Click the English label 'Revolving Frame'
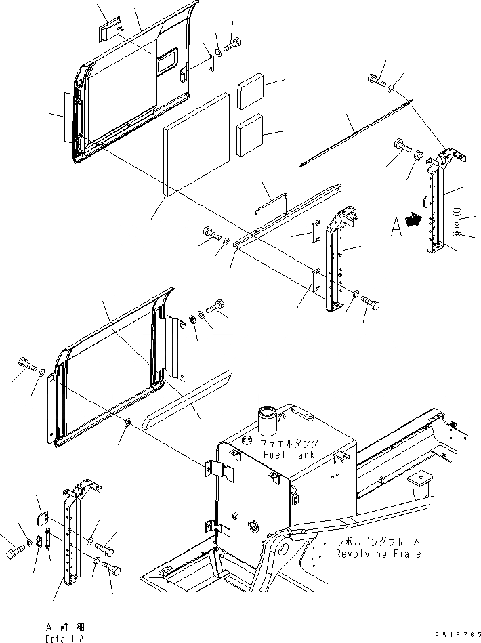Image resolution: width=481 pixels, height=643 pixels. tap(378, 554)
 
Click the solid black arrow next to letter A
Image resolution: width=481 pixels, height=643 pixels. tap(411, 220)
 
